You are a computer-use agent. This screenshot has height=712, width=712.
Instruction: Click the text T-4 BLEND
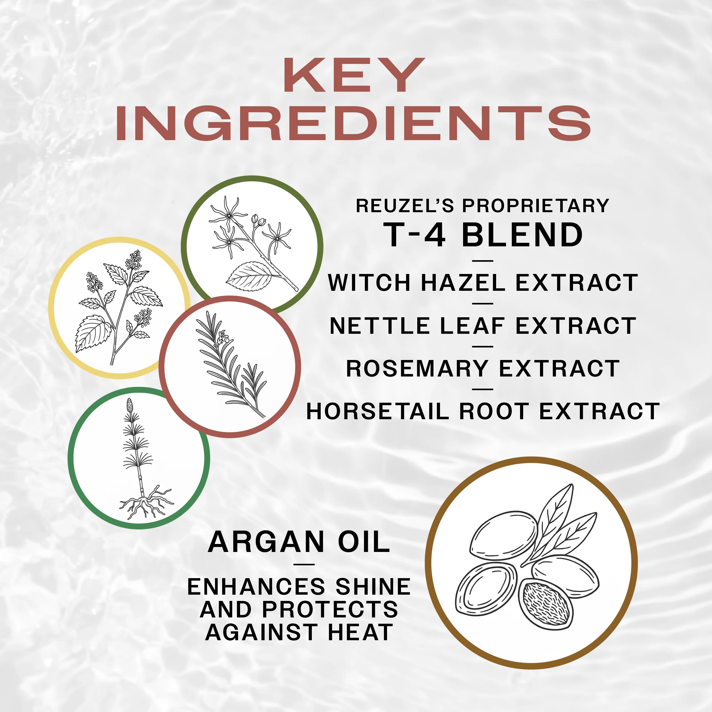click(x=483, y=235)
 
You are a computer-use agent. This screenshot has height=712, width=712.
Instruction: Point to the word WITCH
click(x=370, y=283)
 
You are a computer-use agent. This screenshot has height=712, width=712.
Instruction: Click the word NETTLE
click(x=380, y=326)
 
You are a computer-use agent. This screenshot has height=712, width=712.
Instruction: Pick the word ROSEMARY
click(x=417, y=369)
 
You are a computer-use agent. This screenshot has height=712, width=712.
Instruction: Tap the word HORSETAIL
click(x=378, y=411)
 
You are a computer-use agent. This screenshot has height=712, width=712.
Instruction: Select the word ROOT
click(x=494, y=411)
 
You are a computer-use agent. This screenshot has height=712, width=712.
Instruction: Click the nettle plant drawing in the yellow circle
click(x=119, y=307)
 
